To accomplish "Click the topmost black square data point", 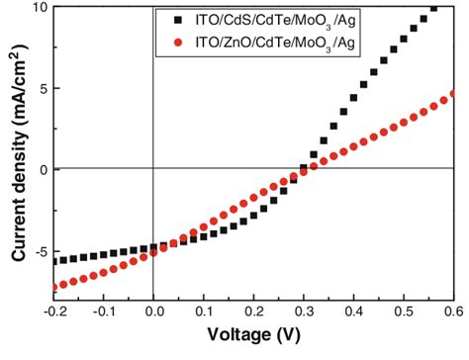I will [x=433, y=9].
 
